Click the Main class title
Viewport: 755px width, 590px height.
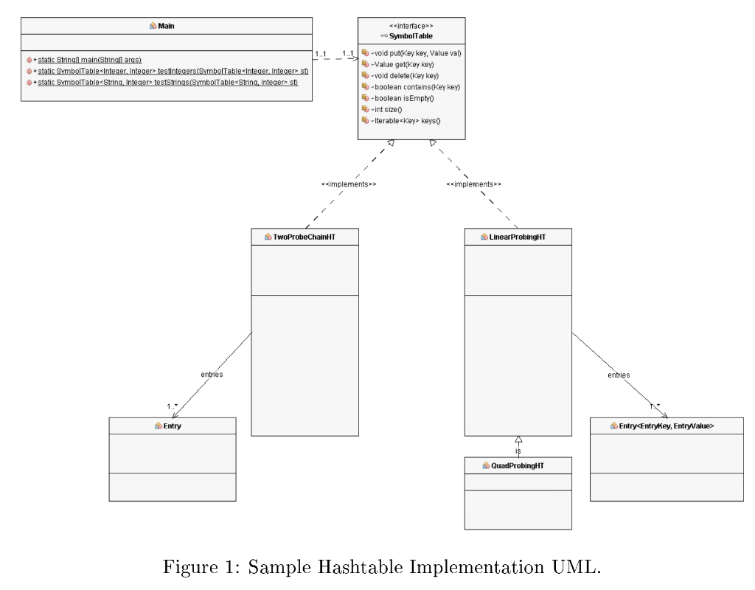(166, 25)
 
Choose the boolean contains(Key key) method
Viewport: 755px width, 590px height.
(412, 86)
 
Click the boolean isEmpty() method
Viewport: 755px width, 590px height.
(403, 97)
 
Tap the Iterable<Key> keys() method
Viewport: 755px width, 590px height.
(405, 119)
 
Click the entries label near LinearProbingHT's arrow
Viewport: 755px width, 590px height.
(618, 375)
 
